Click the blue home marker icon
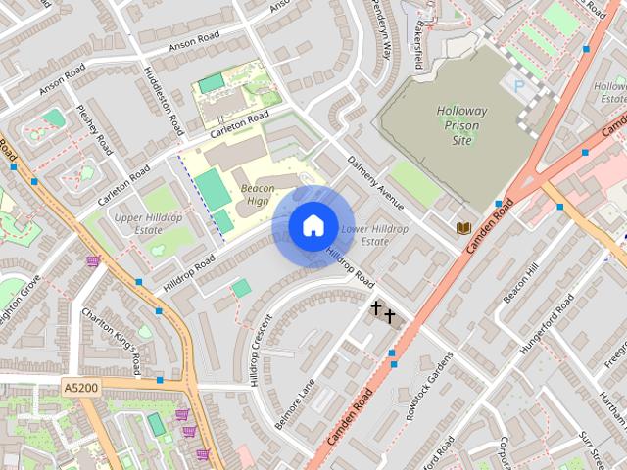pyautogui.click(x=313, y=226)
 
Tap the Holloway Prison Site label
pyautogui.click(x=461, y=125)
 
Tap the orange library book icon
pyautogui.click(x=464, y=228)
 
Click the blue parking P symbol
pyautogui.click(x=518, y=86)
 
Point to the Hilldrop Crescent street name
pyautogui.click(x=261, y=351)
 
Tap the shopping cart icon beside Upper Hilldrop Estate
pyautogui.click(x=93, y=260)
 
